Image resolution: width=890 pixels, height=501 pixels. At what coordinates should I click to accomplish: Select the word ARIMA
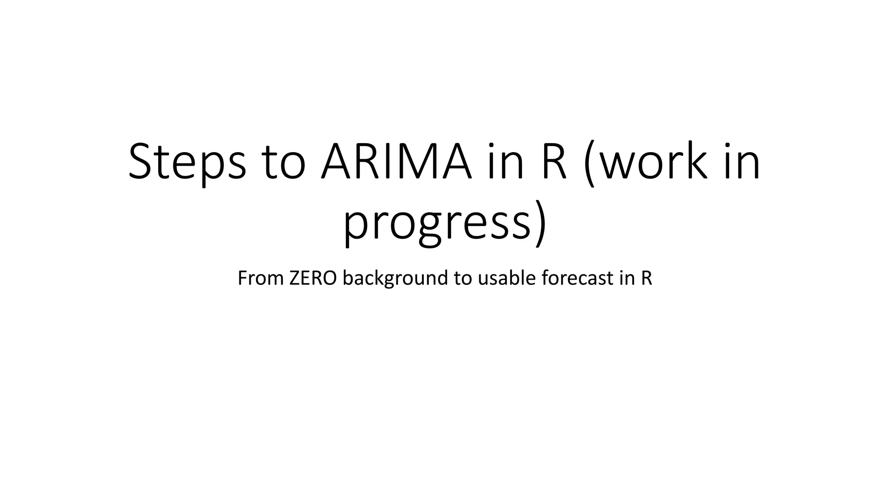click(x=396, y=162)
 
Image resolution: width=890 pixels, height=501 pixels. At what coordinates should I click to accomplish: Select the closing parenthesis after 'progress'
click(x=540, y=224)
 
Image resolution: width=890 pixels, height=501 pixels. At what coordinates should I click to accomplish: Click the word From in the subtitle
click(x=260, y=278)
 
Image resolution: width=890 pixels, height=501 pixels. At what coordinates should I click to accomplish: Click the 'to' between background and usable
click(x=463, y=278)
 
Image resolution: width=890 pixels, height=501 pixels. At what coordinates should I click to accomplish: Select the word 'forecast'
click(x=578, y=278)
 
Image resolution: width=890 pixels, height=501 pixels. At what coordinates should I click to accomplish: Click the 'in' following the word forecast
click(x=628, y=278)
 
